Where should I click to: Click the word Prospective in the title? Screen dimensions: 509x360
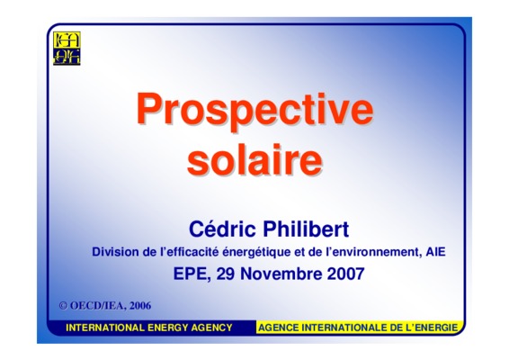pyautogui.click(x=254, y=111)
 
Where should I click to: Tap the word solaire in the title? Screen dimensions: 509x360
pyautogui.click(x=254, y=160)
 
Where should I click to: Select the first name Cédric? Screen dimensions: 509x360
pyautogui.click(x=222, y=229)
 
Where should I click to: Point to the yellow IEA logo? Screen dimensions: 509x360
pyautogui.click(x=67, y=48)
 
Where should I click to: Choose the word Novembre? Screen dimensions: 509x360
pyautogui.click(x=281, y=274)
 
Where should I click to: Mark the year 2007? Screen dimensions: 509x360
pyautogui.click(x=345, y=274)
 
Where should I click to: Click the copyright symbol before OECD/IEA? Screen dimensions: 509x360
pyautogui.click(x=63, y=306)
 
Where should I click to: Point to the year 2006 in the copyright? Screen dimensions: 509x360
pyautogui.click(x=140, y=306)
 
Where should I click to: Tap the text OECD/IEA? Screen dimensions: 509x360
pyautogui.click(x=98, y=306)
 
